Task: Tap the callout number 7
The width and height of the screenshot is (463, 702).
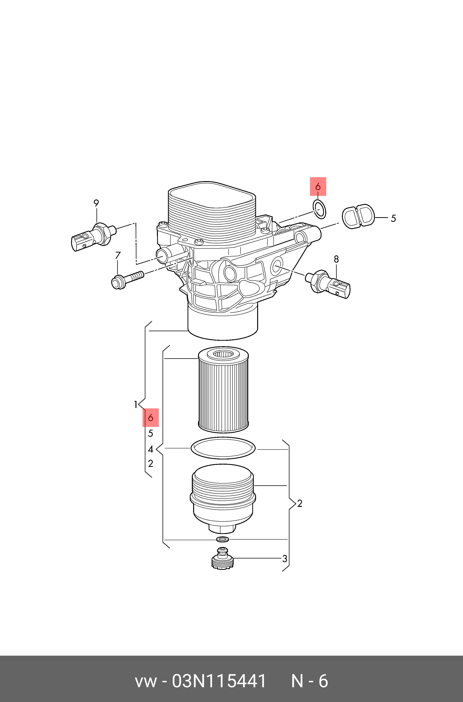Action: [118, 255]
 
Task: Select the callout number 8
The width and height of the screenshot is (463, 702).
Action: [336, 259]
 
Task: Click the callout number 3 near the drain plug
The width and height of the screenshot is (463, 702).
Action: [285, 559]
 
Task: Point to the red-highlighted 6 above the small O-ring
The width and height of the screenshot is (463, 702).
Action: [318, 187]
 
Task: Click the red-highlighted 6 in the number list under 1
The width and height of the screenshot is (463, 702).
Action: [151, 418]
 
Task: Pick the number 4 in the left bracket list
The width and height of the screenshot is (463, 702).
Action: [151, 449]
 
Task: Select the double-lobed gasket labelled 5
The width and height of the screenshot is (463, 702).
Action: [358, 216]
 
